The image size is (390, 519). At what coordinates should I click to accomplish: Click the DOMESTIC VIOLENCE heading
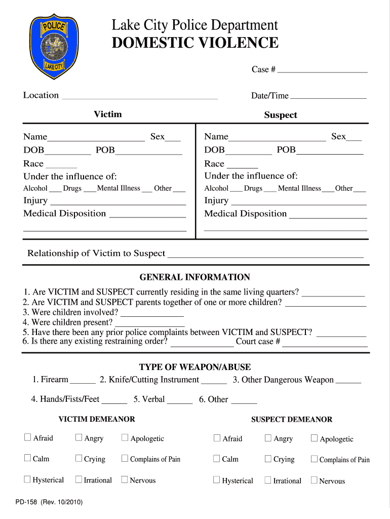195,43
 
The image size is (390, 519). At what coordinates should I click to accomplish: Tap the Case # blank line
322,71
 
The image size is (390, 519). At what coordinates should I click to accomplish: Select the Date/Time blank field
328,97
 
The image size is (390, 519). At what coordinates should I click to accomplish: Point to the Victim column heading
107,114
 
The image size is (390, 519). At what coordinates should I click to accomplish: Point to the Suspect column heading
280,115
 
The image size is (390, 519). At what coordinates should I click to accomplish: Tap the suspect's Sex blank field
354,138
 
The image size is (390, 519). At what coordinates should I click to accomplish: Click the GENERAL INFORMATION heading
194,277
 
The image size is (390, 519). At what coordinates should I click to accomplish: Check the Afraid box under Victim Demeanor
28,437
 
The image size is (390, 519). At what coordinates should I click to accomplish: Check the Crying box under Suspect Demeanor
268,459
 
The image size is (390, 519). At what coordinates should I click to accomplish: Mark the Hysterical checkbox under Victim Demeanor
28,479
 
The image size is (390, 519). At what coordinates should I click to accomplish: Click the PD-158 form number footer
49,502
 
